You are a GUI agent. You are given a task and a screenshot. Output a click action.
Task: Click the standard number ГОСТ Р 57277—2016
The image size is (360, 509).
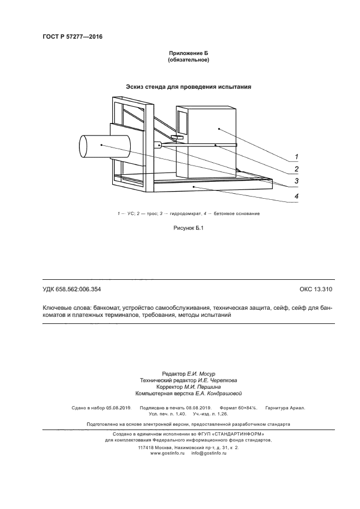tap(72, 37)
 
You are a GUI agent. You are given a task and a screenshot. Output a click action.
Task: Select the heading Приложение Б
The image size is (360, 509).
tap(189, 53)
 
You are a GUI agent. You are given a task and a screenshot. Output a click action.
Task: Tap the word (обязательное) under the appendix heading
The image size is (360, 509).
tap(189, 60)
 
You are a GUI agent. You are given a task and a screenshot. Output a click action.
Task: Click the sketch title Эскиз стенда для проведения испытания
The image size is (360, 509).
tap(188, 87)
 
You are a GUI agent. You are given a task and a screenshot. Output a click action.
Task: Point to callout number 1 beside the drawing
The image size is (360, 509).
tap(297, 157)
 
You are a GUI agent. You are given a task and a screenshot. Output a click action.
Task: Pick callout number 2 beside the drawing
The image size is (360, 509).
tap(297, 169)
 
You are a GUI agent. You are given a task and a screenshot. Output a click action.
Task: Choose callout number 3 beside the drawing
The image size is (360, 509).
tap(297, 181)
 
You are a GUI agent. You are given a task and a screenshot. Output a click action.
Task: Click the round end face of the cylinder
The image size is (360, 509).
tap(85, 146)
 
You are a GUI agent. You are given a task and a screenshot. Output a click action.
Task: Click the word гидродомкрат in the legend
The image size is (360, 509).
tap(188, 213)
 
